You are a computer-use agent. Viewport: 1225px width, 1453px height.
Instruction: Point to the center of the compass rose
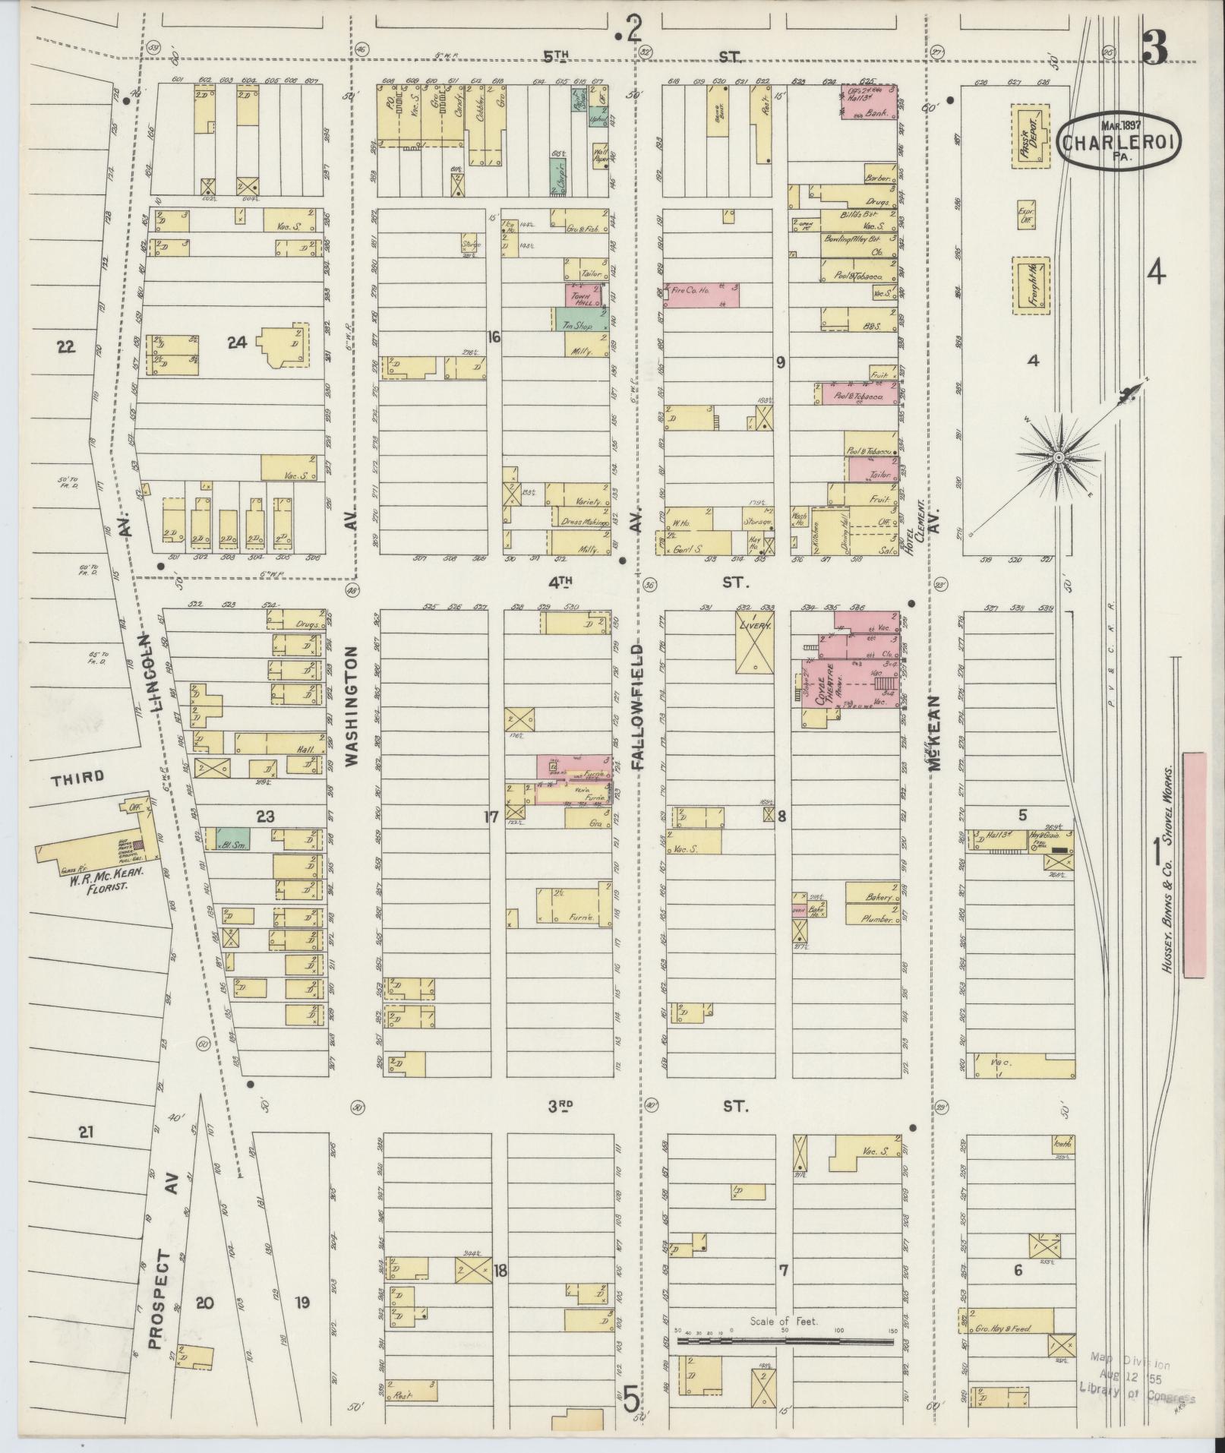[x=1057, y=456]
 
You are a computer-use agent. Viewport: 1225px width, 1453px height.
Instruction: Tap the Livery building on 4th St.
[x=755, y=643]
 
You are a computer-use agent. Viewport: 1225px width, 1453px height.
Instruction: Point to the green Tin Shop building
[x=580, y=320]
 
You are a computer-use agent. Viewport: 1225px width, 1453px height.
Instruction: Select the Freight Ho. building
[x=1031, y=285]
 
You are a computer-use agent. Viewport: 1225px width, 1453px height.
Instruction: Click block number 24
[x=238, y=343]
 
